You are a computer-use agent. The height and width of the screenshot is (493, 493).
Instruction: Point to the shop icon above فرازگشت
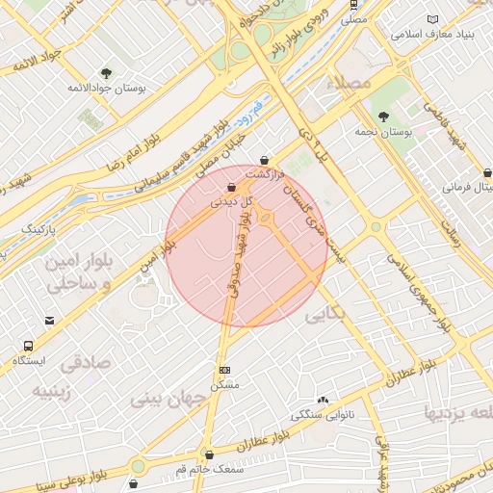coord(264,161)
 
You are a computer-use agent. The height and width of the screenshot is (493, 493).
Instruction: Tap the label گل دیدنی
coord(232,202)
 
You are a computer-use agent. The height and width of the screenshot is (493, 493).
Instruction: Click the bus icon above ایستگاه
coord(28,346)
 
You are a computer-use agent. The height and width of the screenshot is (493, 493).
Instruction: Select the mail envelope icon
coord(49,321)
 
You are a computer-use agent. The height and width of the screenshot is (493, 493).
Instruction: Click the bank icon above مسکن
coord(225,370)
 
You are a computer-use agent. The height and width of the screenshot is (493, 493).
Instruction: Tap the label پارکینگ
coord(39,229)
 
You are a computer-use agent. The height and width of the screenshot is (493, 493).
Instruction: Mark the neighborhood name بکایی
coord(324,315)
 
